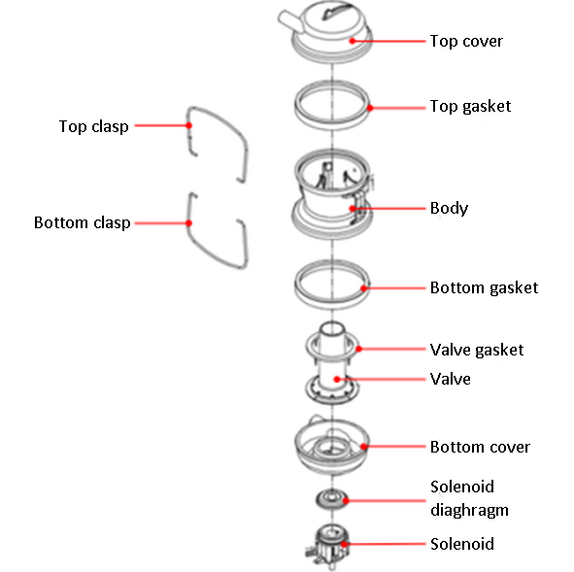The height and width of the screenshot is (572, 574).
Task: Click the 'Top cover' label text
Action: click(466, 41)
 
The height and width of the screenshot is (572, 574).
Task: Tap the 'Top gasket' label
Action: click(470, 107)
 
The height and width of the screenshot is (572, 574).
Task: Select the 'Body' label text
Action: click(449, 208)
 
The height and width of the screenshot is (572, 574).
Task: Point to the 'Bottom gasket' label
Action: click(484, 288)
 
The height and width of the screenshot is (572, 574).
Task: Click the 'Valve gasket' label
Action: click(477, 350)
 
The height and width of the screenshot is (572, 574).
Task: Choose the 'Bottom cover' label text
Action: click(480, 447)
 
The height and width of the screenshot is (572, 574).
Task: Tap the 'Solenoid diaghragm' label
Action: click(469, 498)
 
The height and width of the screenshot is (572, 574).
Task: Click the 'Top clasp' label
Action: click(93, 126)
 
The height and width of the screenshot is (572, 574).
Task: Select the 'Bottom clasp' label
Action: click(82, 222)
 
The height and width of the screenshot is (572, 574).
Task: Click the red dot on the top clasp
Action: click(188, 125)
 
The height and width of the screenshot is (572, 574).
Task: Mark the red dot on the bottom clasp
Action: click(188, 222)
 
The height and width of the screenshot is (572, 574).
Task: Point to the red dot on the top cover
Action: click(353, 41)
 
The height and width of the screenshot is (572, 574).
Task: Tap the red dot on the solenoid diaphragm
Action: click(346, 500)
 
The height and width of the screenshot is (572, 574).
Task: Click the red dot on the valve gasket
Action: click(359, 349)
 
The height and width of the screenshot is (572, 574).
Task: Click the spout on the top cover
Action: click(289, 20)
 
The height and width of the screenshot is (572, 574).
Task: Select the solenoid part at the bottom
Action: click(327, 546)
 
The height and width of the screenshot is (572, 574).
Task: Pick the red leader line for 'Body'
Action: click(389, 209)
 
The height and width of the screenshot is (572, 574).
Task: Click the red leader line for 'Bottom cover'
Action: click(394, 447)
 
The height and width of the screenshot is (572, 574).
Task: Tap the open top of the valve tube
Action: click(332, 328)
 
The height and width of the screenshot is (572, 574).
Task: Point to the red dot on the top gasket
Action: click(370, 108)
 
